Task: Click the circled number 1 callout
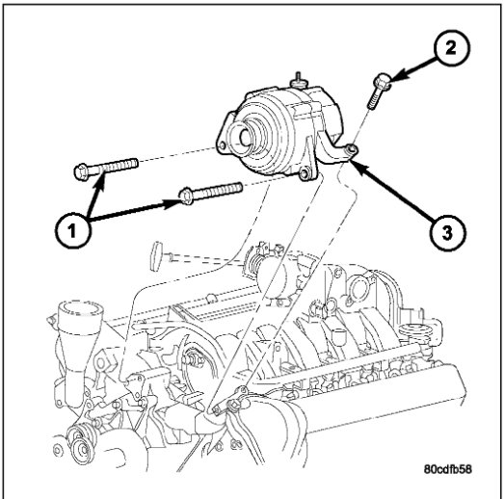click(73, 230)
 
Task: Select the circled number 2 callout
click(451, 48)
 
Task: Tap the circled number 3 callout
click(447, 232)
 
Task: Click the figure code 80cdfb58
click(448, 469)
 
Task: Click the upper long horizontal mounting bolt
click(106, 169)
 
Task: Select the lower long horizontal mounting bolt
click(211, 192)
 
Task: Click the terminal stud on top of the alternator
click(299, 80)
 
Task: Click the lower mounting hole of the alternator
click(305, 173)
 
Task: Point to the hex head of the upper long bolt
click(80, 171)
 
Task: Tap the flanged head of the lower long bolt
click(185, 196)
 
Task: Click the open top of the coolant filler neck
click(80, 309)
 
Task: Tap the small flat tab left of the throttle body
click(155, 256)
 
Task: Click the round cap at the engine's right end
click(415, 330)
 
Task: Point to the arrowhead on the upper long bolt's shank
click(100, 179)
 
